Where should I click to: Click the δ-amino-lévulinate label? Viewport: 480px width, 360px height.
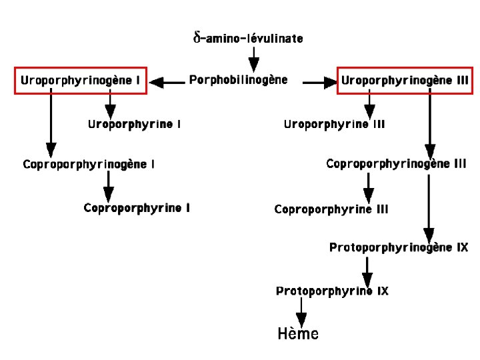click(x=248, y=38)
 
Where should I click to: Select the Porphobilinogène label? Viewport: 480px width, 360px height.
click(x=239, y=80)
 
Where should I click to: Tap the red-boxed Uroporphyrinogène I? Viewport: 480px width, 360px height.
click(x=80, y=81)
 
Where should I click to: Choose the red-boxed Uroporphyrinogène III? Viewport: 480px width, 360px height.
click(x=405, y=81)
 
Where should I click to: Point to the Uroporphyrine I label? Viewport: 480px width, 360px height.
click(x=134, y=124)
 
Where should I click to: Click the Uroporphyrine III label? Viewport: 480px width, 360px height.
click(x=334, y=124)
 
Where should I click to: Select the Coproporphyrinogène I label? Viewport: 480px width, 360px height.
click(x=89, y=164)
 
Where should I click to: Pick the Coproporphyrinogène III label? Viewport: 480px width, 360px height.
click(x=396, y=163)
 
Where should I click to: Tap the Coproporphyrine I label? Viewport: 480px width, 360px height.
click(x=137, y=208)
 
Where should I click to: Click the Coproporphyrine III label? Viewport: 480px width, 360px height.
click(x=331, y=209)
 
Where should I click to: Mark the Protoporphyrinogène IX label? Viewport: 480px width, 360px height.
click(x=399, y=247)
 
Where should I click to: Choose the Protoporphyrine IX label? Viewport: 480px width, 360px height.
click(x=332, y=291)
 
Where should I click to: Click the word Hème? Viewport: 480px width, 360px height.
click(x=298, y=334)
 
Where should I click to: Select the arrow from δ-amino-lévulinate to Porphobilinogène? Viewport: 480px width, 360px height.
click(x=254, y=59)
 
